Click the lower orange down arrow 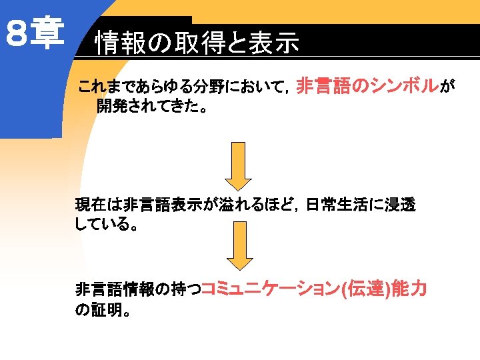(x=238, y=246)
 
